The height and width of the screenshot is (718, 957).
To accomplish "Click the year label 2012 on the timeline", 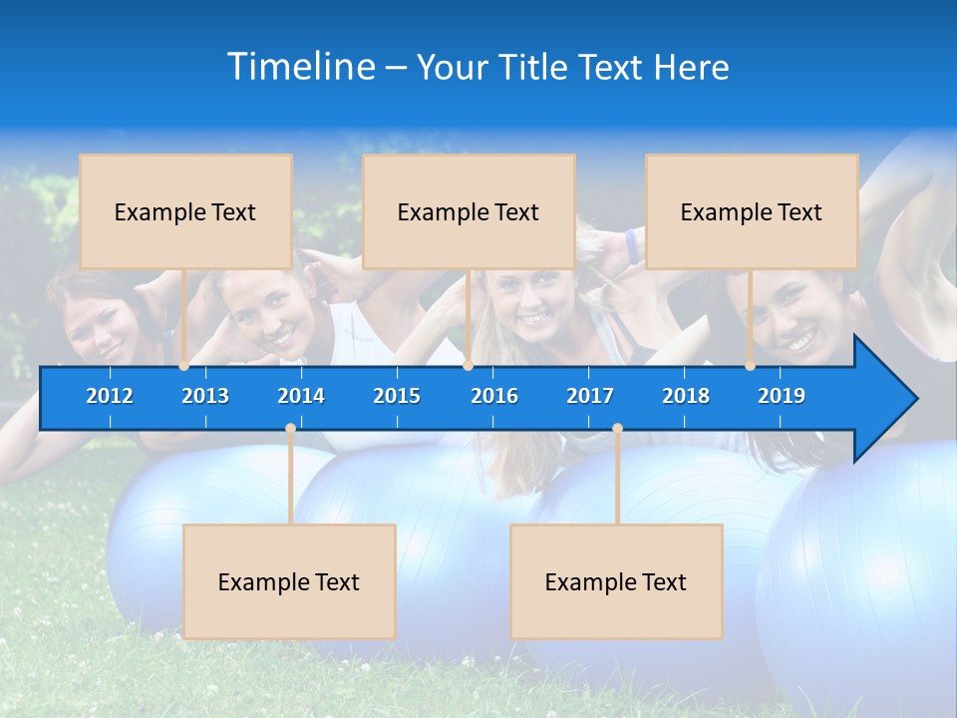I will [110, 396].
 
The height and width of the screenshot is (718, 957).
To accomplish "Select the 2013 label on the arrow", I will [205, 396].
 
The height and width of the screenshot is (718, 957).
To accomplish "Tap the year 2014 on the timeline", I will [301, 396].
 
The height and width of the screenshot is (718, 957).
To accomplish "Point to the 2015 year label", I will [397, 396].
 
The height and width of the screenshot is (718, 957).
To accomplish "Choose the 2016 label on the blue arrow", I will [494, 396].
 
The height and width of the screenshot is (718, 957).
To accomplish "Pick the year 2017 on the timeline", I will [590, 396].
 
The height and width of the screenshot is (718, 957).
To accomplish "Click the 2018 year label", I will [686, 396].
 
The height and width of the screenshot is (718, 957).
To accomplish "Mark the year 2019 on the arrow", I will [782, 396].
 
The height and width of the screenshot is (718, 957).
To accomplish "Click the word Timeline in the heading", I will [300, 67].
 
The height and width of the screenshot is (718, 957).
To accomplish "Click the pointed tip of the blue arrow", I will [915, 399].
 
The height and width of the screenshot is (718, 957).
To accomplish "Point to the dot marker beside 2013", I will [184, 366].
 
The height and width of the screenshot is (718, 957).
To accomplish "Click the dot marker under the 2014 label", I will [290, 429].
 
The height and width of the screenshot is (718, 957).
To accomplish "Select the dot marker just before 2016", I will [468, 366].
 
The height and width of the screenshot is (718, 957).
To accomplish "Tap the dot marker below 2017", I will [617, 429].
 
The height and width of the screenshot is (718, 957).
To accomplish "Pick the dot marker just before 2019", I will [750, 366].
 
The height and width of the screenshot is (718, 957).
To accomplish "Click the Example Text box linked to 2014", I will [289, 581].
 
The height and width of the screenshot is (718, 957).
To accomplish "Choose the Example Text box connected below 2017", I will [616, 581].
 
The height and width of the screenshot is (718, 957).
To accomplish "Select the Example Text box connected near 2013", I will [185, 211].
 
